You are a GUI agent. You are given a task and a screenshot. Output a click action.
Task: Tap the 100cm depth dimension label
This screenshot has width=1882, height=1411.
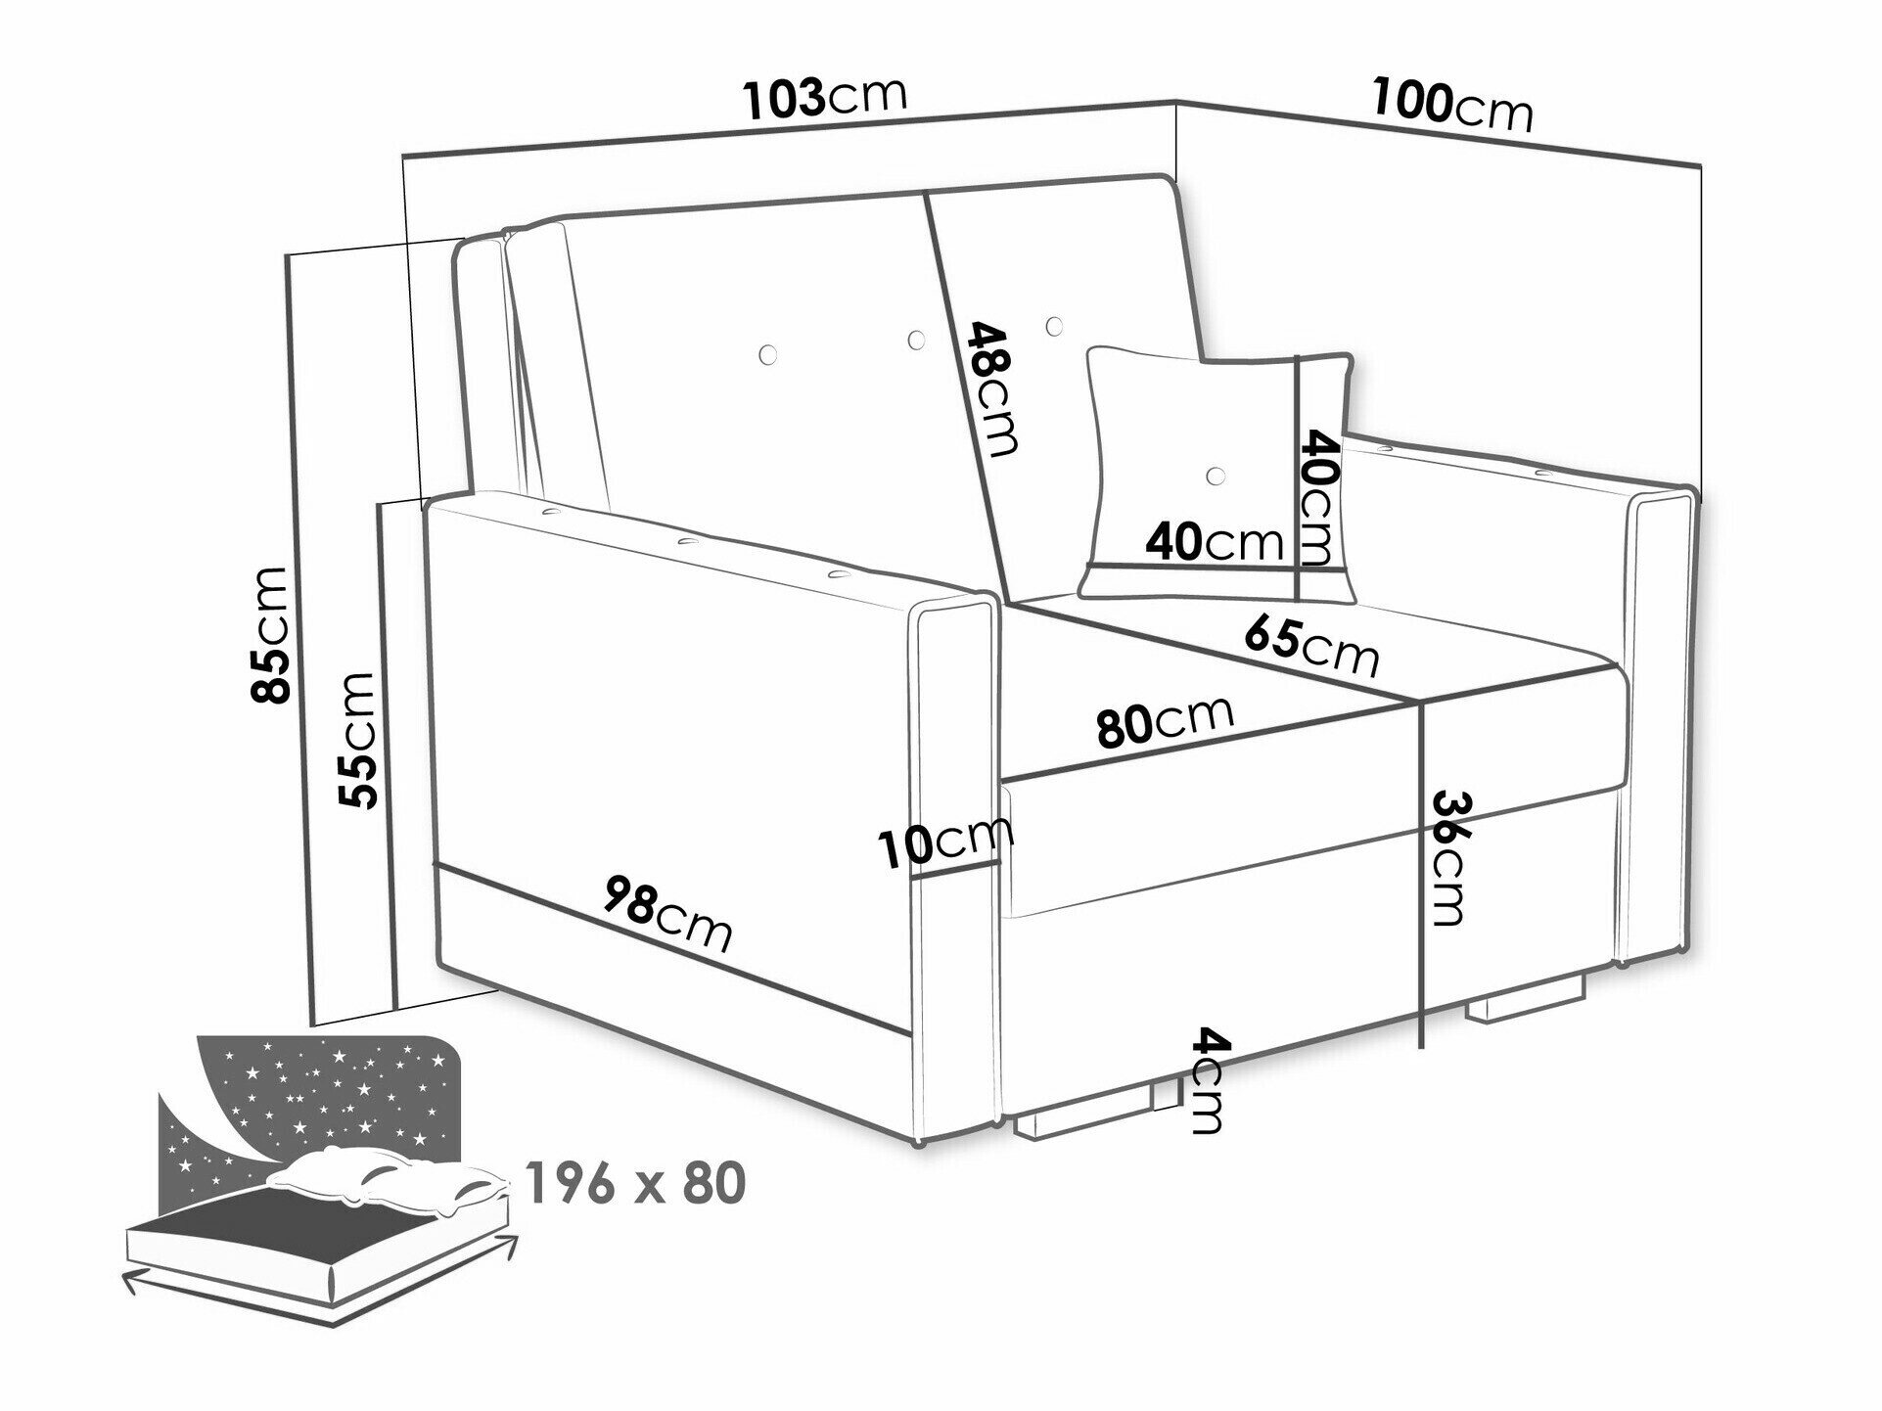[1452, 104]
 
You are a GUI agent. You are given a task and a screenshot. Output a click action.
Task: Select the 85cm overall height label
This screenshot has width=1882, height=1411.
[270, 635]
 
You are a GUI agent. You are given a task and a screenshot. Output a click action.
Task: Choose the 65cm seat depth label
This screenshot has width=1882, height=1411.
[1311, 646]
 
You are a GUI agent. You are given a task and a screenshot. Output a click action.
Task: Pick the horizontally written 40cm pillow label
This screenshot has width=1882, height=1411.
[1215, 541]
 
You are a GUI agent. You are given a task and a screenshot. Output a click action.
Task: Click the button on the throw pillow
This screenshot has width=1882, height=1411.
[1216, 476]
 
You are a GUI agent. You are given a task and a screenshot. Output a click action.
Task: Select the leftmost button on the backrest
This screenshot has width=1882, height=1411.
[768, 352]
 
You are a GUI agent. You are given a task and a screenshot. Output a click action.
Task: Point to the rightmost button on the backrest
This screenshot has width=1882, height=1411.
[1054, 324]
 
